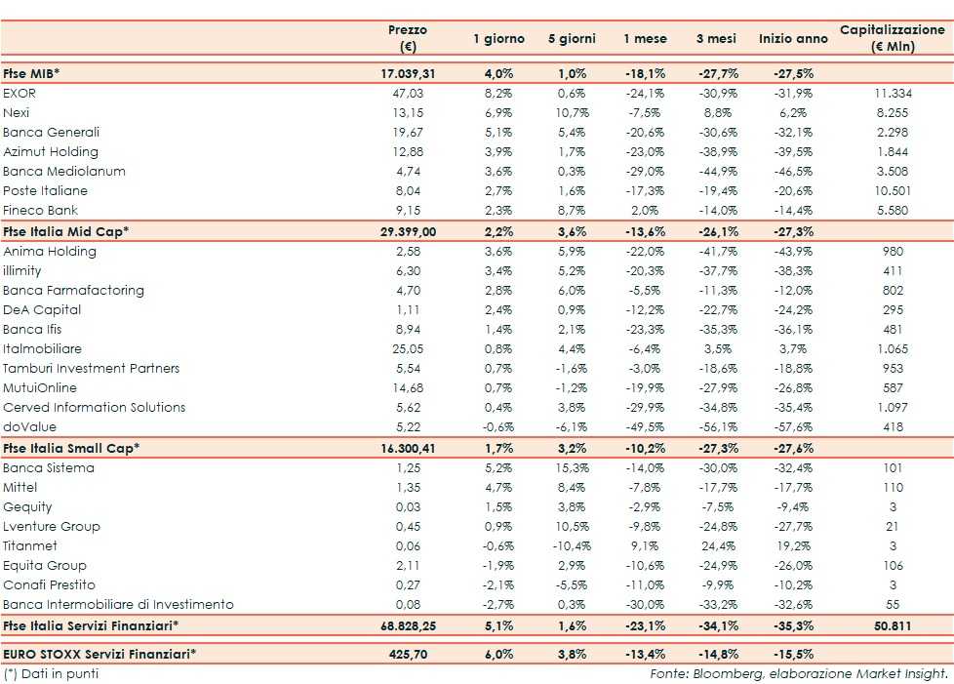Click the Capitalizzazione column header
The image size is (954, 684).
pyautogui.click(x=892, y=38)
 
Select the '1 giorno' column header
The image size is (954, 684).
pyautogui.click(x=498, y=39)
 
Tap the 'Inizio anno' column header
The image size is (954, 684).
pyautogui.click(x=791, y=39)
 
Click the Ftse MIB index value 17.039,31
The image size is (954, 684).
pyautogui.click(x=407, y=73)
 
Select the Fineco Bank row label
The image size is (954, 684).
pyautogui.click(x=40, y=211)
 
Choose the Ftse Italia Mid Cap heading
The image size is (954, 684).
pyautogui.click(x=65, y=231)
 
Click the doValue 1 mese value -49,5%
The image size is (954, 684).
pyautogui.click(x=645, y=427)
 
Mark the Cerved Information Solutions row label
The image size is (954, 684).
pyautogui.click(x=94, y=408)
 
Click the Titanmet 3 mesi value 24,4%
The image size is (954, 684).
pyautogui.click(x=718, y=546)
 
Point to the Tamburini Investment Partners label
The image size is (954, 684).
pyautogui.click(x=91, y=369)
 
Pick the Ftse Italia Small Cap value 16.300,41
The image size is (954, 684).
pyautogui.click(x=407, y=448)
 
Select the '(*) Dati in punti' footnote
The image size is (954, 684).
pyautogui.click(x=50, y=673)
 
